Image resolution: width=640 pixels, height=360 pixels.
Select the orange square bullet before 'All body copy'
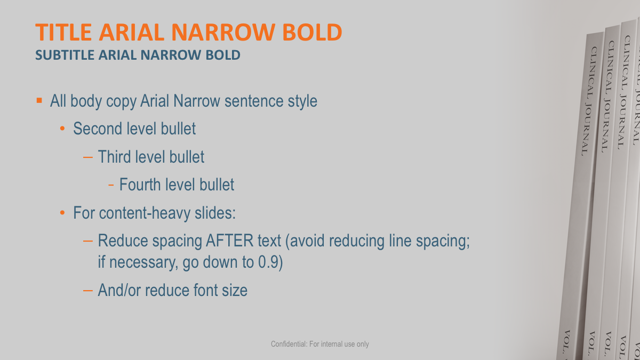point(39,100)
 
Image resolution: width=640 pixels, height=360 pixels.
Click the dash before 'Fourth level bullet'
point(111,185)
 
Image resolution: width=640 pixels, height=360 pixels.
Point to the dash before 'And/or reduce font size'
point(88,291)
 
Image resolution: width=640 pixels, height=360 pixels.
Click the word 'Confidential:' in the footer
point(288,344)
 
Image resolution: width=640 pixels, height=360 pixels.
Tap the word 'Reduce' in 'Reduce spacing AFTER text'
point(123,241)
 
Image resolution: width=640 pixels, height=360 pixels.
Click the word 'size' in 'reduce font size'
point(236,291)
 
